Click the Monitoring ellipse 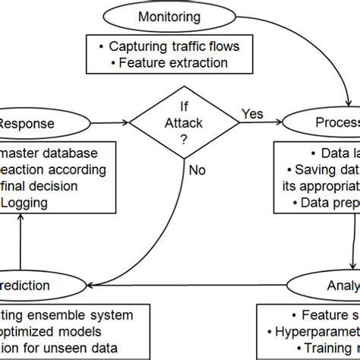(x=165, y=16)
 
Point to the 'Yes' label (x=253, y=114)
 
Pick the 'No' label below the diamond (x=197, y=170)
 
